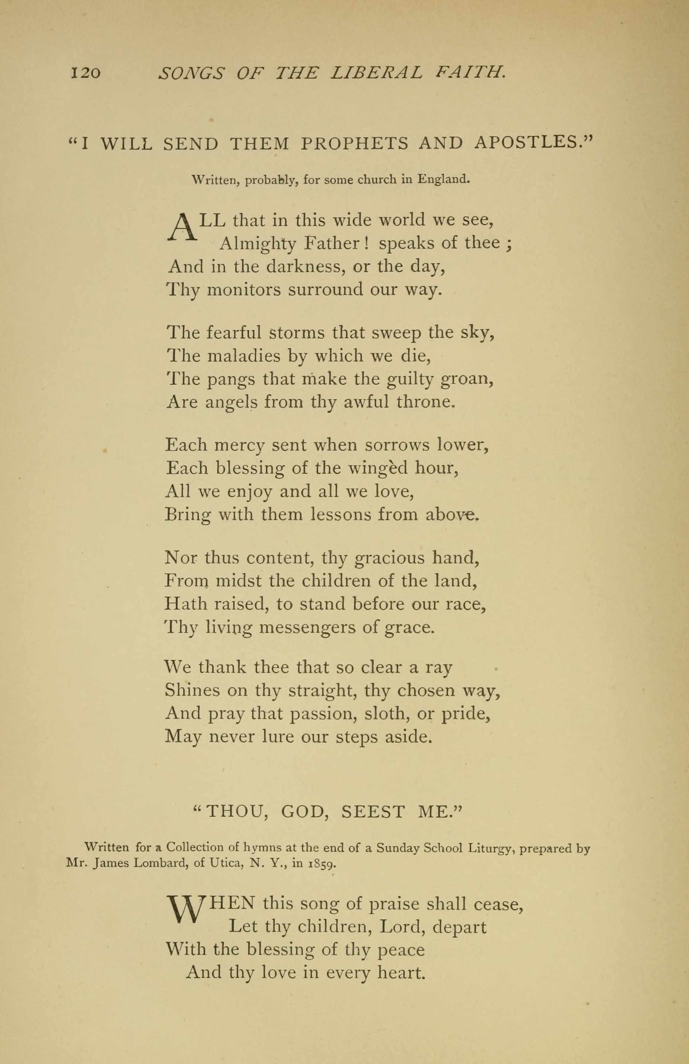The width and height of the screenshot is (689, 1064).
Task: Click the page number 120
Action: coord(85,72)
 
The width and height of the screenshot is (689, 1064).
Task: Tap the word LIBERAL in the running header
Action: coord(375,72)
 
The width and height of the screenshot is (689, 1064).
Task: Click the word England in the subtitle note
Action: coord(444,180)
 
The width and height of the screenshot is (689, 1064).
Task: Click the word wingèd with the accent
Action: coord(378,468)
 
